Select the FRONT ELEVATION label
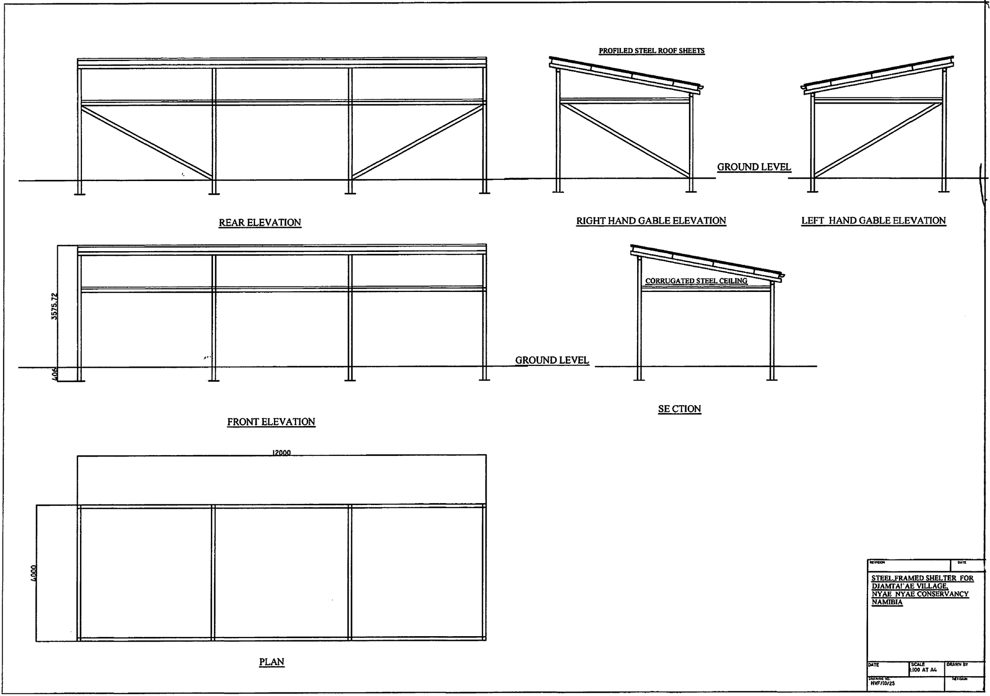[x=271, y=422]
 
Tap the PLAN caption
[x=272, y=662]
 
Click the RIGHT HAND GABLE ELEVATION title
[x=651, y=221]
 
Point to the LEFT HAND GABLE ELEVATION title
[x=873, y=220]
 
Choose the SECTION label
[x=679, y=409]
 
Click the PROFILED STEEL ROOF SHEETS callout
[x=651, y=51]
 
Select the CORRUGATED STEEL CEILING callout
[x=696, y=281]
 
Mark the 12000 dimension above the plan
[x=281, y=452]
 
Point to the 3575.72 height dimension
[x=54, y=306]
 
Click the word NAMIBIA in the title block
[x=887, y=602]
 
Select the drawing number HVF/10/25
[x=883, y=683]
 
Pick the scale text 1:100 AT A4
[x=923, y=670]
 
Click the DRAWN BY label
[x=957, y=665]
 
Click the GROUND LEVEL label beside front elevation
[x=552, y=360]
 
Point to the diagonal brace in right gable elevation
[x=625, y=140]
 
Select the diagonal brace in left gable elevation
[x=878, y=140]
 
